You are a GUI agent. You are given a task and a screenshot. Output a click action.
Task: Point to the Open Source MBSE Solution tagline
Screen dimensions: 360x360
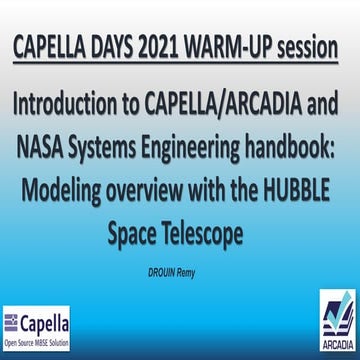37,339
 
